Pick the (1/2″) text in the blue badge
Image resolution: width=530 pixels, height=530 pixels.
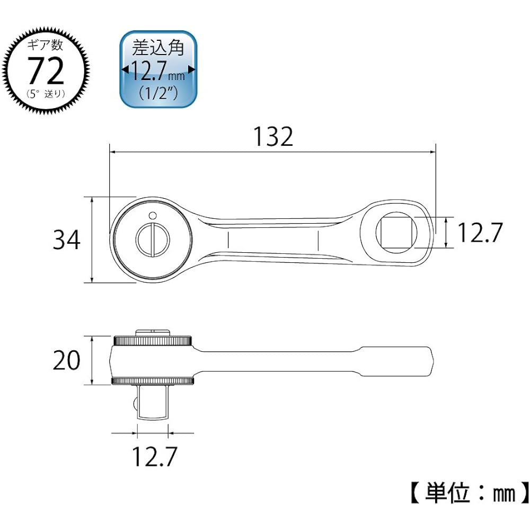pyautogui.click(x=158, y=91)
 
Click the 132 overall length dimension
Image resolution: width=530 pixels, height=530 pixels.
pyautogui.click(x=272, y=138)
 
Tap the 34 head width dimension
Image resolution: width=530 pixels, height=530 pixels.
pyautogui.click(x=67, y=240)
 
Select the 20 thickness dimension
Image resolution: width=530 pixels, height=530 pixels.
pyautogui.click(x=67, y=360)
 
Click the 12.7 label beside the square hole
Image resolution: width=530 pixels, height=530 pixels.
pyautogui.click(x=479, y=233)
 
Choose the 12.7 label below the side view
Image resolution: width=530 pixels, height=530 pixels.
pyautogui.click(x=153, y=456)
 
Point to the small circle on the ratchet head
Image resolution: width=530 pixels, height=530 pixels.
pyautogui.click(x=153, y=215)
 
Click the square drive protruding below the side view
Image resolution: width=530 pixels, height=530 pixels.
pyautogui.click(x=153, y=403)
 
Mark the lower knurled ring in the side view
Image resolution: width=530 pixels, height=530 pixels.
pyautogui.click(x=153, y=381)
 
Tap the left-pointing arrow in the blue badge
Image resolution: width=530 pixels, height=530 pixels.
pyautogui.click(x=125, y=70)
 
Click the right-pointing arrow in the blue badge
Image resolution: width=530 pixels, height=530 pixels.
pyautogui.click(x=191, y=70)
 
